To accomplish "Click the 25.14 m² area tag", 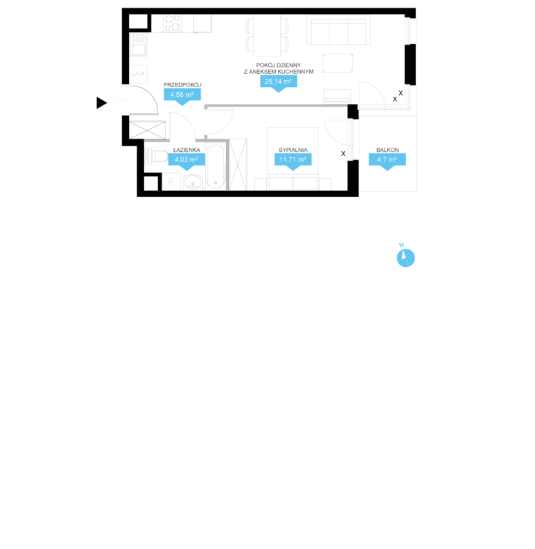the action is point(279,82).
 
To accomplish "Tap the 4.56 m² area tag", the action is point(182,95).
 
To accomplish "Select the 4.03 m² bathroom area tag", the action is point(186,160).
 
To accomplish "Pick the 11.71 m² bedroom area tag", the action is point(293,160).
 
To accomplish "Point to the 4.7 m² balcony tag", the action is point(387,160).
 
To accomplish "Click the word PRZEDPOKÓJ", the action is point(182,85).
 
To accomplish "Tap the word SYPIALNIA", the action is point(293,150).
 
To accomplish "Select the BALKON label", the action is point(387,150).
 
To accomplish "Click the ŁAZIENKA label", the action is point(187,150).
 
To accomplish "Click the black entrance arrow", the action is point(101,103).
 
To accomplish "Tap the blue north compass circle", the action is point(406,258).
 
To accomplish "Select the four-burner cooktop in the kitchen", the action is point(172,23).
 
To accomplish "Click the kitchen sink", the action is point(139,45).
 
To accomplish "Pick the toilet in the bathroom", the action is point(156,156).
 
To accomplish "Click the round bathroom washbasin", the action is point(192,183).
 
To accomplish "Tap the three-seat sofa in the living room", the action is point(339,30).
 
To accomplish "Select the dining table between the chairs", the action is point(267,35).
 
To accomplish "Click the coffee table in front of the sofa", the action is point(338,63).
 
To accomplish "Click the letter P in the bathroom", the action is point(171,181).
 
